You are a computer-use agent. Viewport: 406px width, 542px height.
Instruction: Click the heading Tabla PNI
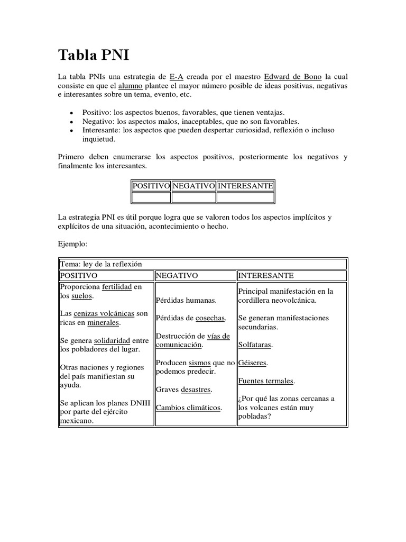tap(93, 55)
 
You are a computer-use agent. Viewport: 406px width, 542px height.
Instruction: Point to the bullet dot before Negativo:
tap(71, 121)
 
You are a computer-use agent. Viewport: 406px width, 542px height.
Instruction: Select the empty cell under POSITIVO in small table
tap(151, 198)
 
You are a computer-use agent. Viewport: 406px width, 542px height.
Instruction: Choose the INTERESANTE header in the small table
tap(245, 186)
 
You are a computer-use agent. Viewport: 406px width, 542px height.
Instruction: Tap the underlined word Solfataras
tap(255, 345)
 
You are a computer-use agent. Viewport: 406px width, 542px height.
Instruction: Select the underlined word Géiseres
tap(252, 363)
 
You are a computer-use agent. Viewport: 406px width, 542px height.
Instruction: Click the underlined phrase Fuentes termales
tap(266, 381)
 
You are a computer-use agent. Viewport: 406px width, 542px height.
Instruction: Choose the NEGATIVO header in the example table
tap(177, 276)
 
